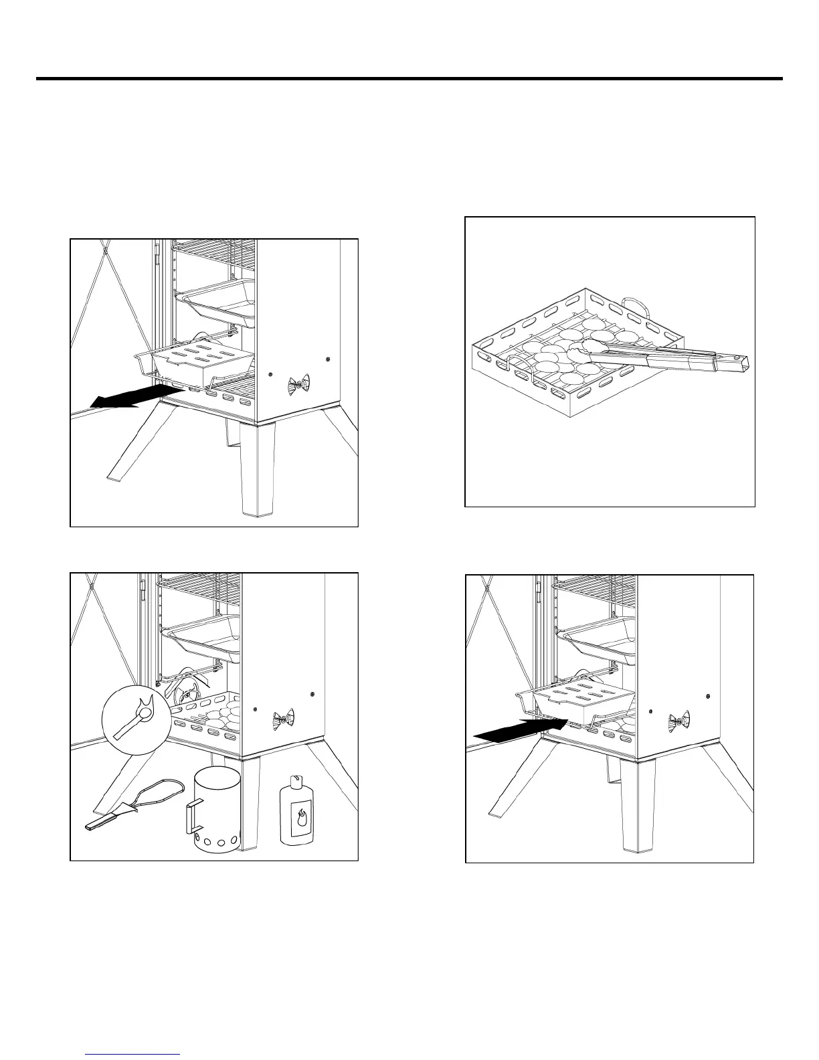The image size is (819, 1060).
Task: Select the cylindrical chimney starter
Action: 216,810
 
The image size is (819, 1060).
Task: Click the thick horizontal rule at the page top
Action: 409,79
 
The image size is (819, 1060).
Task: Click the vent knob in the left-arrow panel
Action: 298,385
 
